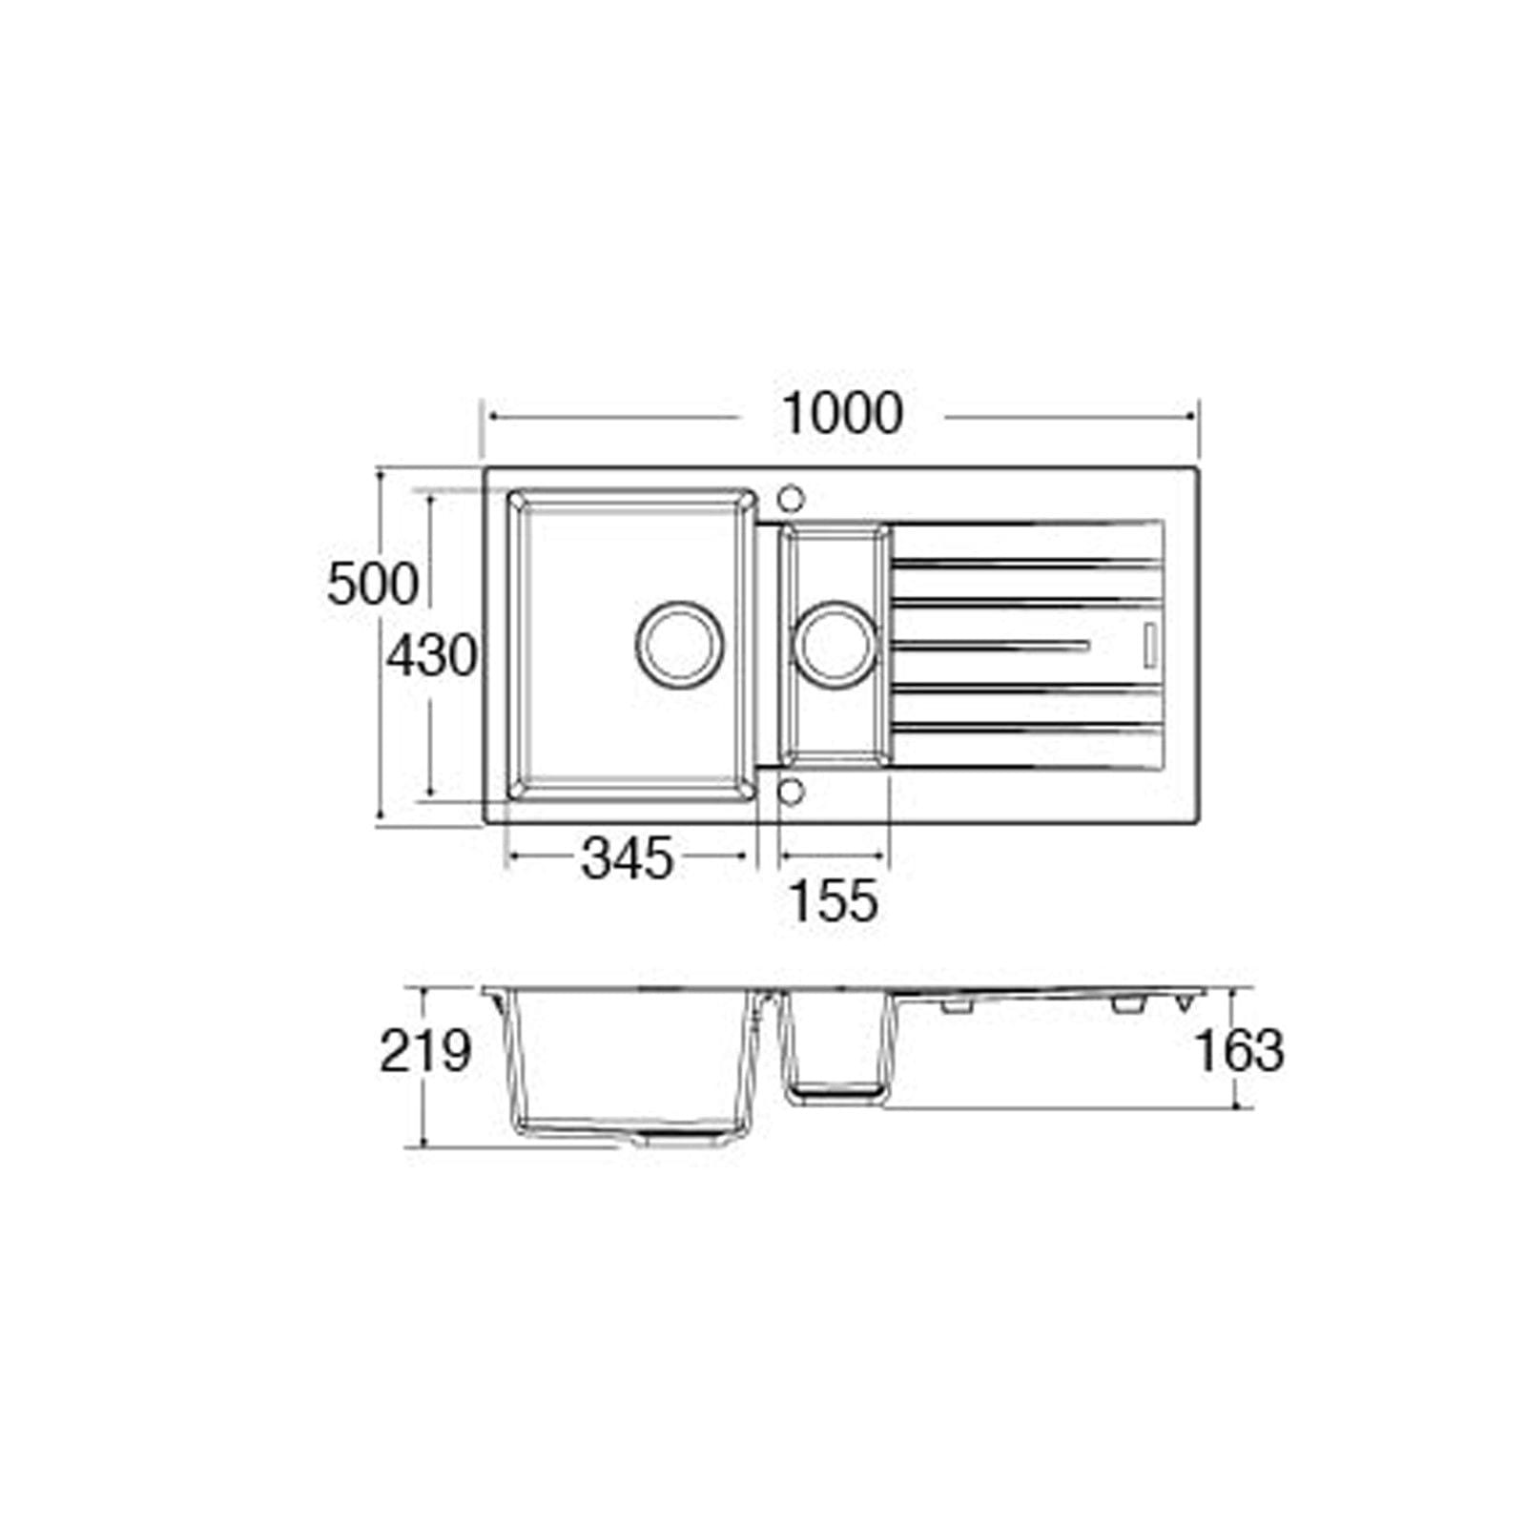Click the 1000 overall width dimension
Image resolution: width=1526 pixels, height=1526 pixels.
[842, 415]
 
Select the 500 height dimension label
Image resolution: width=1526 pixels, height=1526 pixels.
[373, 584]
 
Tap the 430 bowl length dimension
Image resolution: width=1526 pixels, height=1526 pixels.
[432, 656]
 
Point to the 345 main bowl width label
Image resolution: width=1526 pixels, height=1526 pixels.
[628, 858]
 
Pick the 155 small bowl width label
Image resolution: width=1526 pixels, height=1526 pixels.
[834, 901]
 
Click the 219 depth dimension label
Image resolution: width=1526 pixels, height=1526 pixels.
[425, 1052]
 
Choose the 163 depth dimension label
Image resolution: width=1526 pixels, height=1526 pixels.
[1239, 1052]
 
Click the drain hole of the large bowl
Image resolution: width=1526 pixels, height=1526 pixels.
[679, 644]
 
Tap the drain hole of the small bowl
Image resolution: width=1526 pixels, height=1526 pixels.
[835, 644]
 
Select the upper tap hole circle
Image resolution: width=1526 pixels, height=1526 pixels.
[791, 498]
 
